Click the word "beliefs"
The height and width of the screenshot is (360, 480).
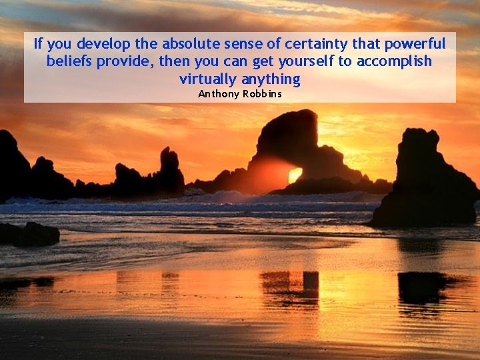[69, 62]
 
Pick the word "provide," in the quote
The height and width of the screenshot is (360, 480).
[127, 62]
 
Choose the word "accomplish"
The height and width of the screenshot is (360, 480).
[394, 62]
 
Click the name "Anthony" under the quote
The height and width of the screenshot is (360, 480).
[219, 94]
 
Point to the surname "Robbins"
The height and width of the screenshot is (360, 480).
[263, 94]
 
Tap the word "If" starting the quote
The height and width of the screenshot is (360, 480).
[39, 45]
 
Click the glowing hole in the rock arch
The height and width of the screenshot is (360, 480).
[295, 175]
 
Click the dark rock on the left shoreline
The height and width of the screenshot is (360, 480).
[29, 233]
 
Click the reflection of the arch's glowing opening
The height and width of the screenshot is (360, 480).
[294, 280]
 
